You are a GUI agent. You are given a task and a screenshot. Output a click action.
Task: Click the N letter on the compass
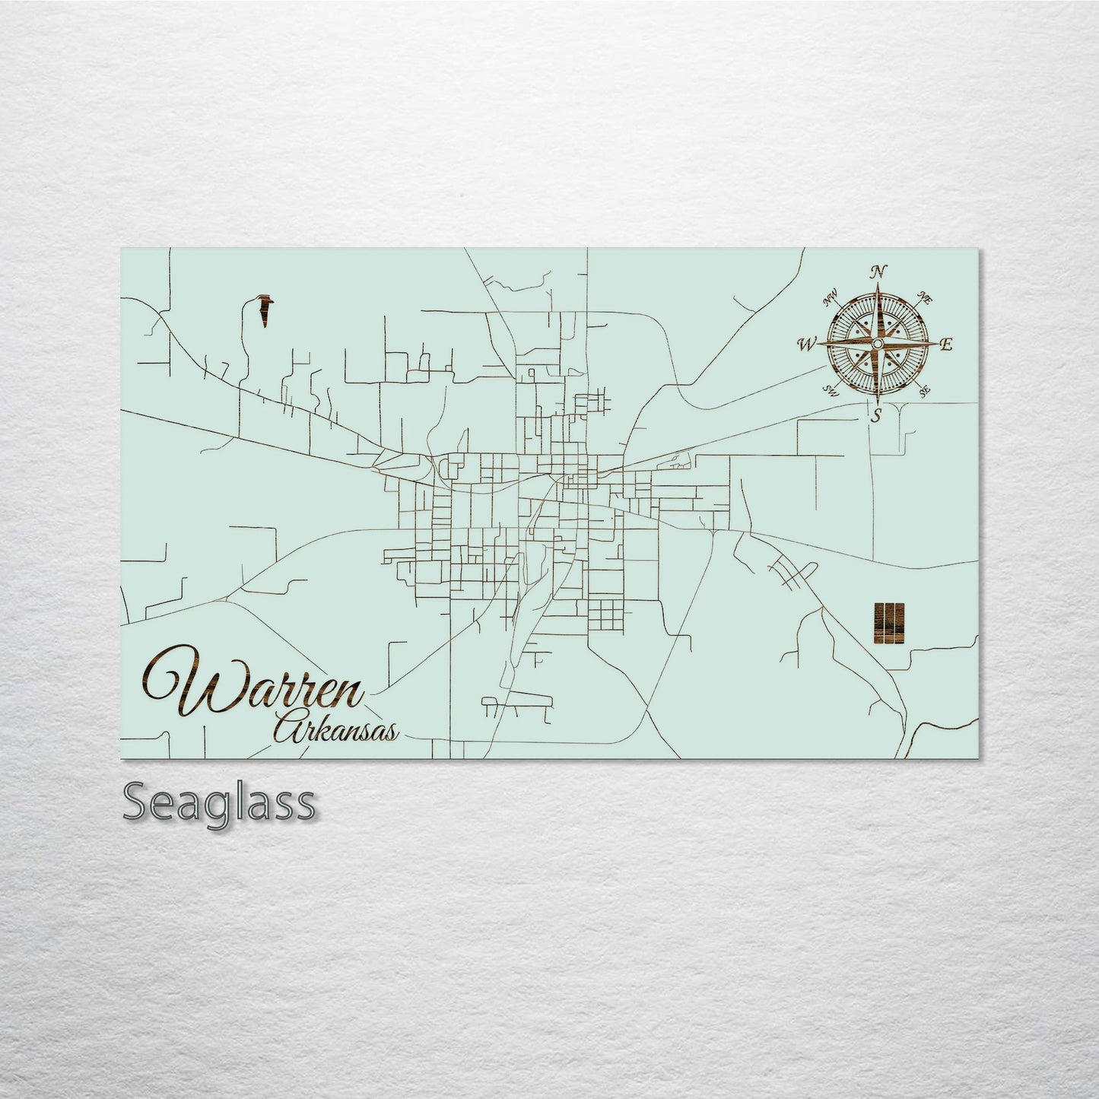pyautogui.click(x=879, y=272)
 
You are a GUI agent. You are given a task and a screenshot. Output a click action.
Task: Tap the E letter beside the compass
pyautogui.click(x=946, y=345)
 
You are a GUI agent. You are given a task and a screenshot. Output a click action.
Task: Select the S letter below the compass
pyautogui.click(x=877, y=415)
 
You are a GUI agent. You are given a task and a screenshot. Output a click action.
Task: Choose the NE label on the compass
pyautogui.click(x=926, y=298)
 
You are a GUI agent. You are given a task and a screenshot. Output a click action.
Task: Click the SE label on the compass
pyautogui.click(x=925, y=392)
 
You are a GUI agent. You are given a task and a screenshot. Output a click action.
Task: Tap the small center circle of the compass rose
pyautogui.click(x=877, y=345)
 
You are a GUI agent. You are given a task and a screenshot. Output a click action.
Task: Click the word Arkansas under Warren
pyautogui.click(x=335, y=730)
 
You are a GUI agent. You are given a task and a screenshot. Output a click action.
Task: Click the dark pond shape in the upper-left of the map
pyautogui.click(x=265, y=310)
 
